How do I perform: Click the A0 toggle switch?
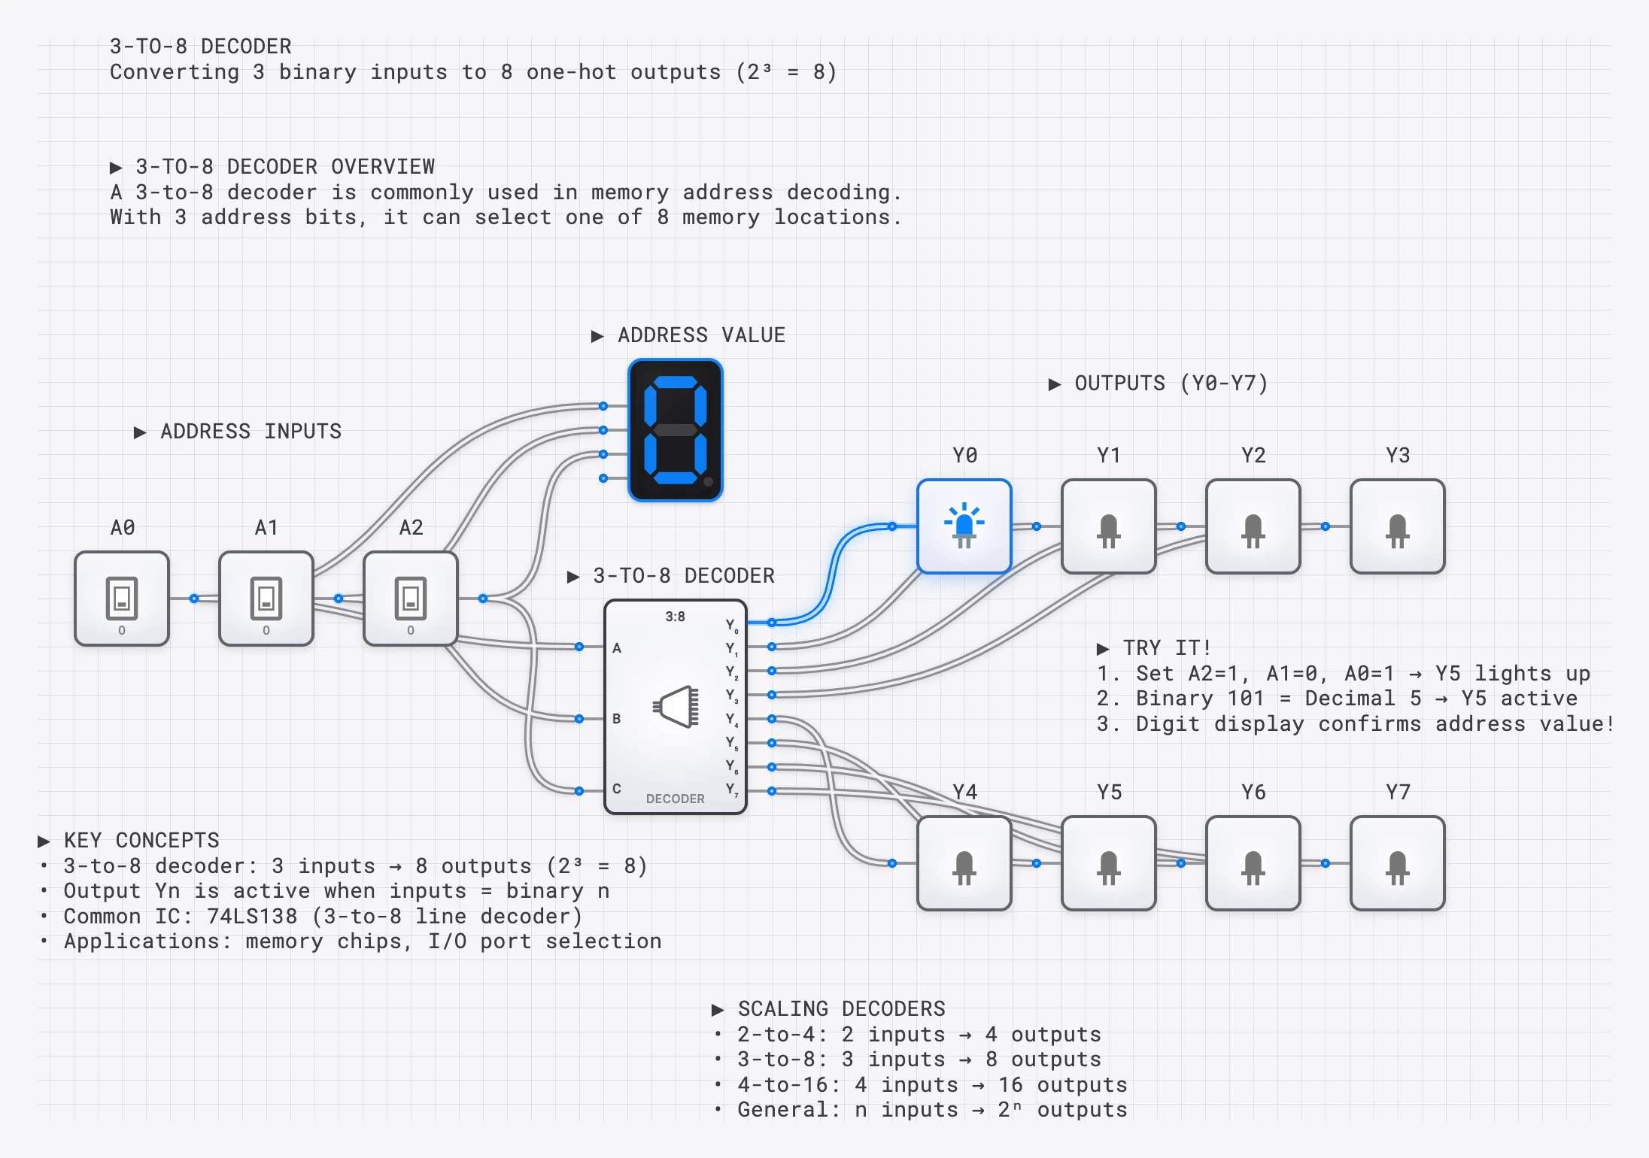point(122,599)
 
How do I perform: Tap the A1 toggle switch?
point(266,599)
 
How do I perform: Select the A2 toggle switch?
point(411,599)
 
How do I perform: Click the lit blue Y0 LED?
point(964,526)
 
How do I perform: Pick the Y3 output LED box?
point(1398,526)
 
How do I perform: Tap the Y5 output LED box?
point(1109,863)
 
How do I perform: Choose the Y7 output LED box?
point(1398,863)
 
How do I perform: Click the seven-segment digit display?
point(676,430)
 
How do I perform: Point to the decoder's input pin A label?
point(617,647)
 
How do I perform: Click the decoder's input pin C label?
point(617,789)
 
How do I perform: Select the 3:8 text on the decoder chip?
point(675,617)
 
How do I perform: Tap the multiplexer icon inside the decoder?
point(676,707)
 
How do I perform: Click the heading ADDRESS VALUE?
point(700,335)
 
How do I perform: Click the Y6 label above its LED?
point(1253,792)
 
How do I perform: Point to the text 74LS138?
point(252,916)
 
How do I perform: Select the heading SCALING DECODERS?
point(840,1009)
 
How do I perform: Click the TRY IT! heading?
point(1166,648)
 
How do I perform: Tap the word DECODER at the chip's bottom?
point(675,799)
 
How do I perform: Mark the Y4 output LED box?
point(964,863)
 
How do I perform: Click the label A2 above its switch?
point(411,527)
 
